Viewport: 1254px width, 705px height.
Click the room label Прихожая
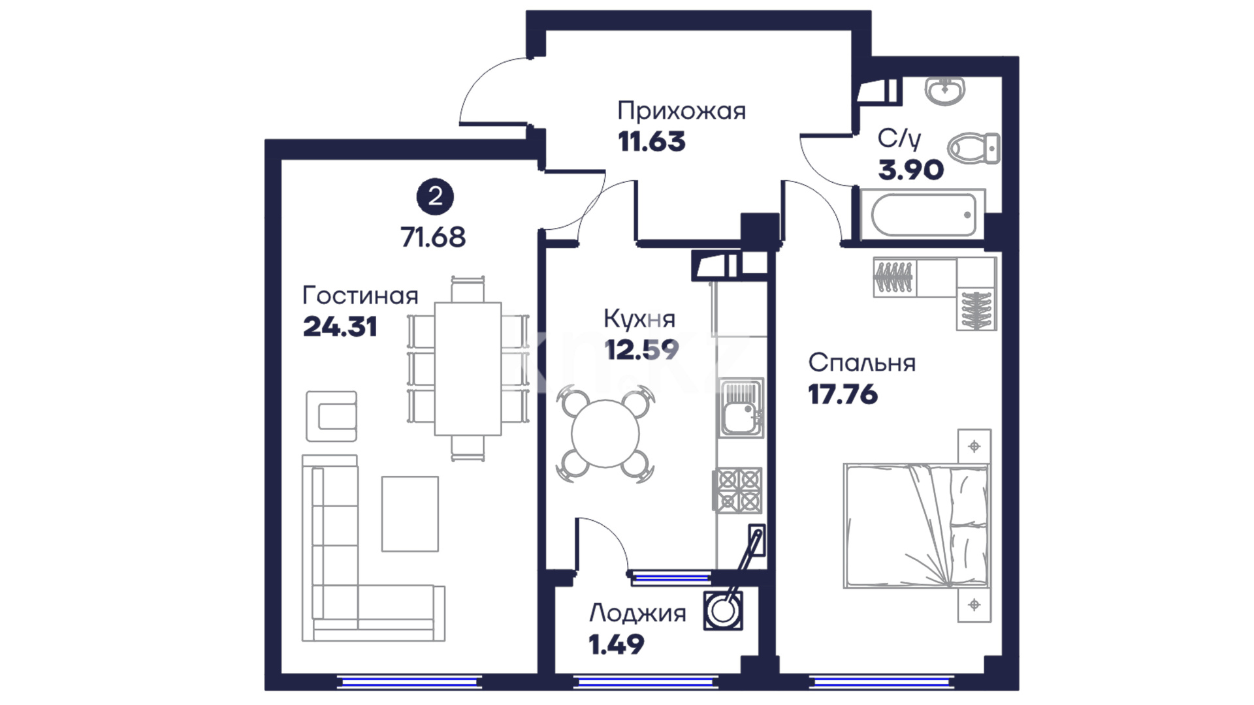[x=681, y=112]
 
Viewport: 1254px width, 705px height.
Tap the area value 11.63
[x=652, y=142]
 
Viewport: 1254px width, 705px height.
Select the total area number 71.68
[x=433, y=237]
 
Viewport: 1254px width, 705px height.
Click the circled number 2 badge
[x=435, y=196]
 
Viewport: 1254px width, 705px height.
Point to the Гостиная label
[x=360, y=296]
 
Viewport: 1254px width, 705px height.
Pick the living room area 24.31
[x=340, y=326]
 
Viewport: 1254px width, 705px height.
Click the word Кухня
[x=639, y=319]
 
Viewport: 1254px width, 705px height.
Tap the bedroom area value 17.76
[x=843, y=394]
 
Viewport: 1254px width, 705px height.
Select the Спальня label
[x=861, y=363]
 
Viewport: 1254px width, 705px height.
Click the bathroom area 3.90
[x=910, y=170]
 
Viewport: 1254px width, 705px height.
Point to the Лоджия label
[x=637, y=614]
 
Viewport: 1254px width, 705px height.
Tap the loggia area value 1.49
[x=616, y=645]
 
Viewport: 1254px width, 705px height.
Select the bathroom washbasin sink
[x=944, y=91]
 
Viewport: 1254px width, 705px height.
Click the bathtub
[x=923, y=214]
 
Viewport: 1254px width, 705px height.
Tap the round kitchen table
[x=605, y=433]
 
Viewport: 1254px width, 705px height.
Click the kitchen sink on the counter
[x=741, y=408]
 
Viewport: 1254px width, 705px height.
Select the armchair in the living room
[x=332, y=416]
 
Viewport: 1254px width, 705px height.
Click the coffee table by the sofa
[x=410, y=514]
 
